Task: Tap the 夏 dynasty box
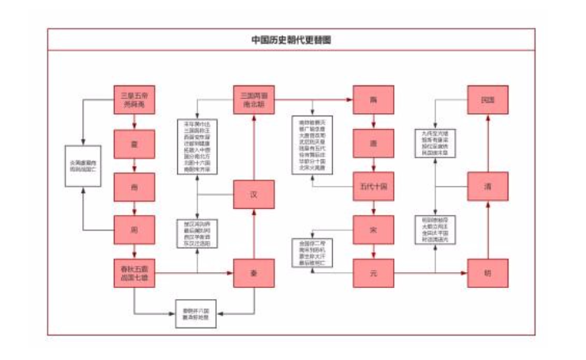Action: click(x=134, y=144)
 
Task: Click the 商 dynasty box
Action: click(x=134, y=187)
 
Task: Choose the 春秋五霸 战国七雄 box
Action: click(x=134, y=273)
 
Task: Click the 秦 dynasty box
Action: click(x=254, y=273)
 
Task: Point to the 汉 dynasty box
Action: click(x=254, y=194)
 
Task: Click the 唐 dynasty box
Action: click(x=373, y=144)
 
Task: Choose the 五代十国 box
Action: click(x=373, y=188)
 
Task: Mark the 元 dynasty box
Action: click(x=373, y=273)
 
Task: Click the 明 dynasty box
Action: click(x=487, y=273)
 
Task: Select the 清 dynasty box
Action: click(x=487, y=187)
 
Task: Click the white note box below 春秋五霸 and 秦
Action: click(x=195, y=315)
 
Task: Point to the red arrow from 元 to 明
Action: click(x=430, y=273)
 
